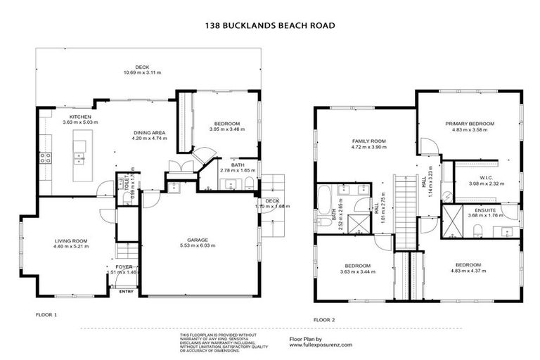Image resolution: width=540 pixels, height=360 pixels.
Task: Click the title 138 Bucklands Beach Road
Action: click(269, 25)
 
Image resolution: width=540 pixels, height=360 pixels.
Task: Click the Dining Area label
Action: click(149, 132)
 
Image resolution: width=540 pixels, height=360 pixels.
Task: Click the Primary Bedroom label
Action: click(469, 124)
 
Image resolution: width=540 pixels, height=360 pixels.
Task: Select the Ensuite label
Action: click(486, 210)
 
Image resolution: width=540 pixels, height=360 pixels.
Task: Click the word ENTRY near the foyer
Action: click(127, 291)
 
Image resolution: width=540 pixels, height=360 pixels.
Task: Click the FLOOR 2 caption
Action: click(324, 320)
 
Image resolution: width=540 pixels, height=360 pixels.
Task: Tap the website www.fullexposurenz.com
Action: click(321, 345)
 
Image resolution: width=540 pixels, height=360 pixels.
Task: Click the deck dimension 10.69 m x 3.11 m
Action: click(143, 72)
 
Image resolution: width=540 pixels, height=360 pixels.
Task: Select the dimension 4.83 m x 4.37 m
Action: click(468, 271)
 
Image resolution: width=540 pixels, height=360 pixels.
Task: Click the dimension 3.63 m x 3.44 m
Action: click(356, 271)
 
